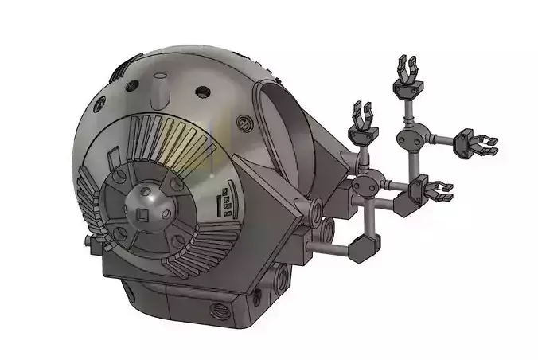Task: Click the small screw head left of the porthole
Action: (244, 123)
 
